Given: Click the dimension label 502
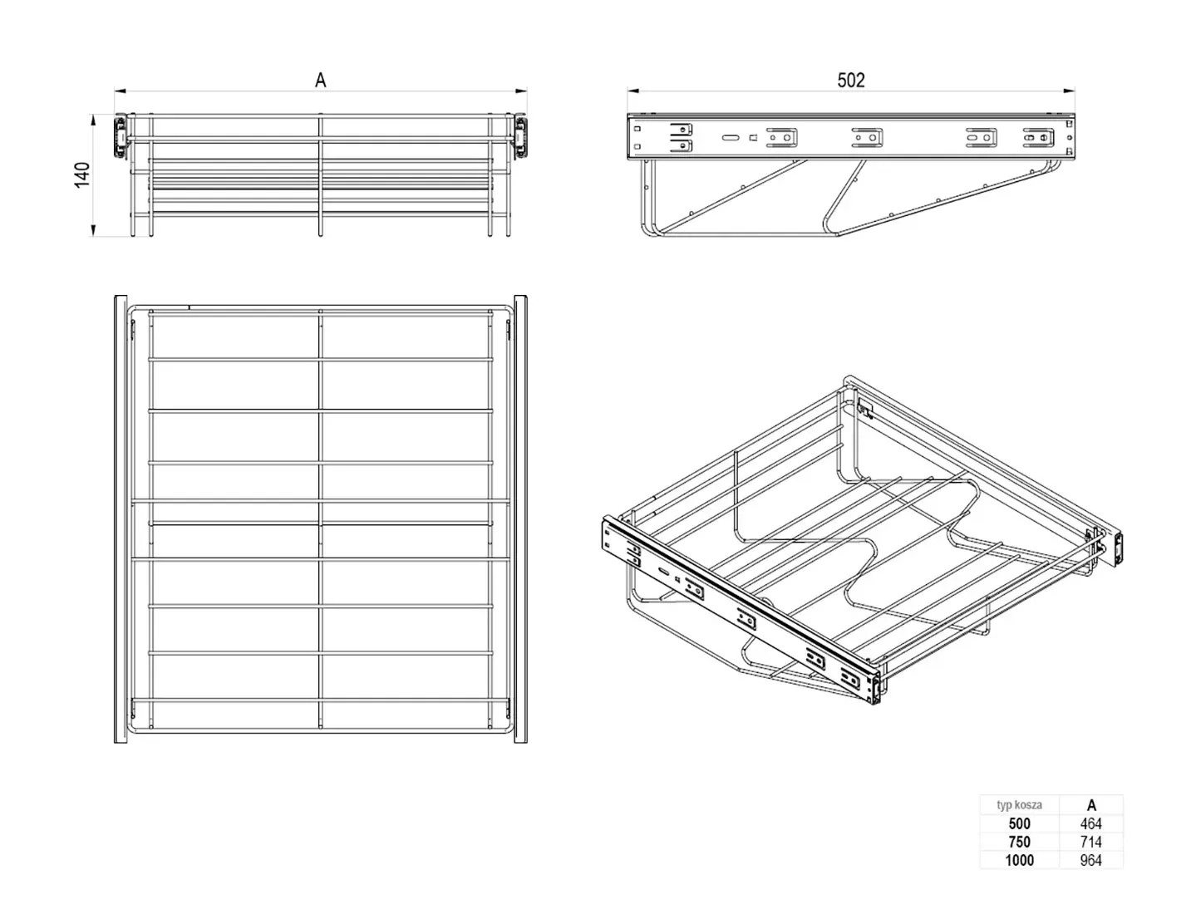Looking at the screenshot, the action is pos(850,81).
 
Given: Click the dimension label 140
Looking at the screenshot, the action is pos(82,174).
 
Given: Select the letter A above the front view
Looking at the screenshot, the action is pos(320,81).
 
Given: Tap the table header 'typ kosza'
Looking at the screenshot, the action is pos(1019,804).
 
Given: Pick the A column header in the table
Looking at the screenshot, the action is pos(1090,804).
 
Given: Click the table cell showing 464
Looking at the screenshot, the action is pos(1090,823).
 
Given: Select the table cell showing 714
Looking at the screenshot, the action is pos(1090,842).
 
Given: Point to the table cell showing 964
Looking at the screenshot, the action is pos(1090,860).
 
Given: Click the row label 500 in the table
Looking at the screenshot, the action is pos(1019,823).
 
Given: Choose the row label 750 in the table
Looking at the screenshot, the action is pos(1019,842).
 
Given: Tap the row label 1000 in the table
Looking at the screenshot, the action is pos(1019,860).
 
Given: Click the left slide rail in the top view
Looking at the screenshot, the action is pos(121,519).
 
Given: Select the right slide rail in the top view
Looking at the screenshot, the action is pos(520,519).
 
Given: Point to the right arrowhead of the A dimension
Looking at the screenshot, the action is pos(521,91).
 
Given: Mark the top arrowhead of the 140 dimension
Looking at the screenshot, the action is pos(93,120).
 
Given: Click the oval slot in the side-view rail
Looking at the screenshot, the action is pos(730,138).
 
